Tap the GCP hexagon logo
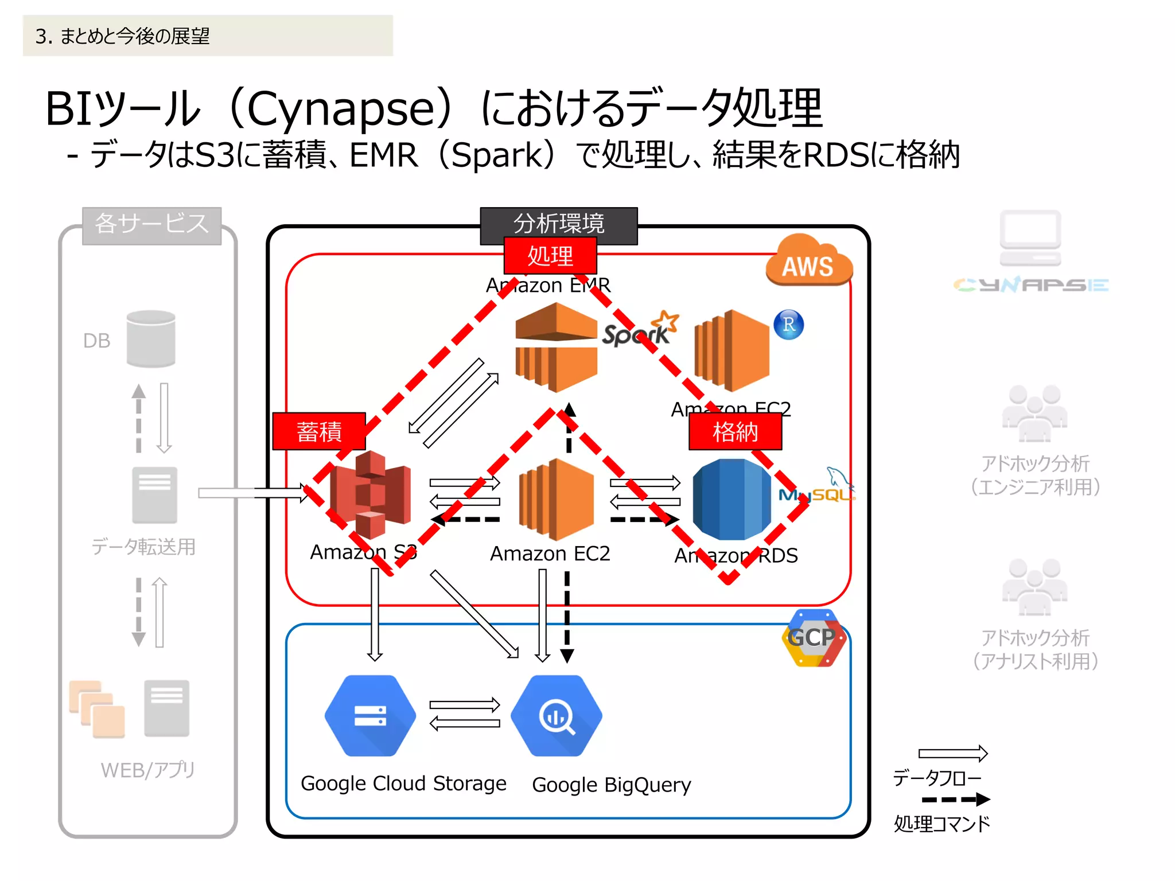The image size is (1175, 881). click(814, 638)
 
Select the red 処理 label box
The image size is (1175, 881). click(550, 256)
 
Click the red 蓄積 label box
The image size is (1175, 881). click(319, 431)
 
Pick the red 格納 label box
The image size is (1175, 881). click(735, 431)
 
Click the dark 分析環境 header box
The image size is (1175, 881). click(558, 223)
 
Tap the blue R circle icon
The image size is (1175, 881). click(788, 325)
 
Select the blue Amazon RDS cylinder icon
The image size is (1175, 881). click(732, 499)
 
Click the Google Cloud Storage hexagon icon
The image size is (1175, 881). click(370, 716)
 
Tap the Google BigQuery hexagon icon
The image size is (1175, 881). click(556, 716)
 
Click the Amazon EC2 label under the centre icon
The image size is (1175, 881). click(550, 553)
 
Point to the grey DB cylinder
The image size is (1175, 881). click(151, 338)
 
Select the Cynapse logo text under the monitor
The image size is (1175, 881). click(1030, 284)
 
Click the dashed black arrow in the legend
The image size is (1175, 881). click(955, 799)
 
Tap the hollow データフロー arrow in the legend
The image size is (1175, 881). click(952, 753)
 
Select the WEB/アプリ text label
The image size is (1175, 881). click(147, 770)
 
